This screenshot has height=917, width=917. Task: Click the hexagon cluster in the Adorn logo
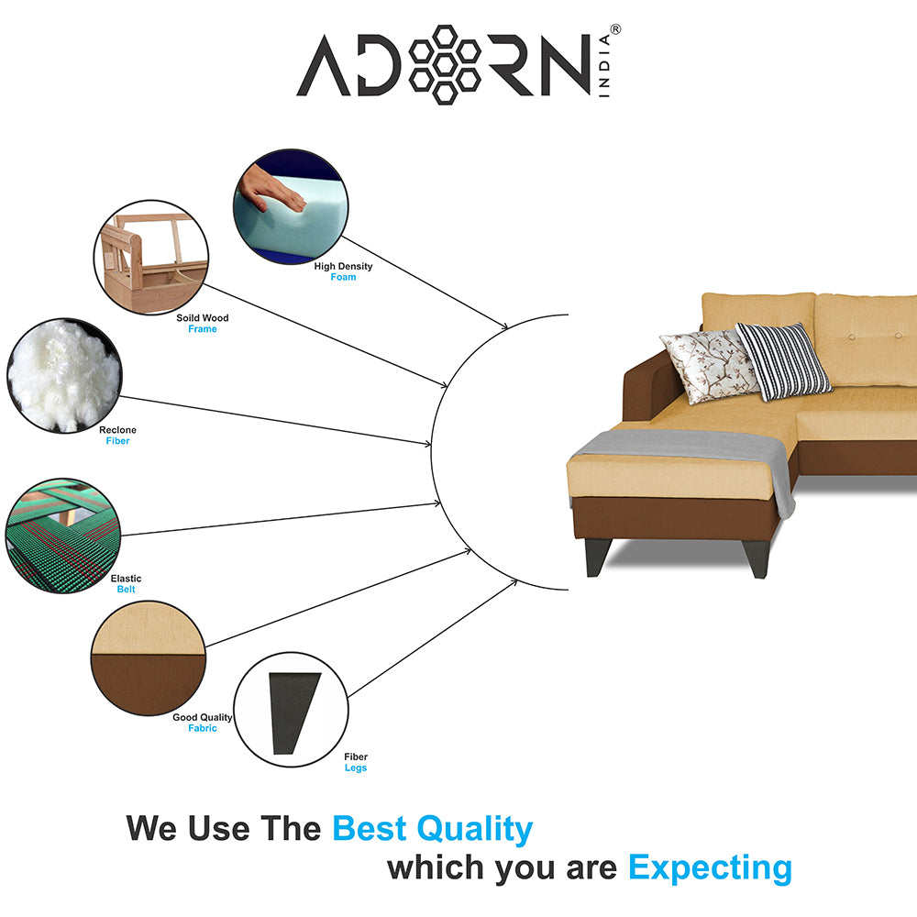pos(445,65)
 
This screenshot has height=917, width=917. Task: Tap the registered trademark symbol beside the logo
pos(615,29)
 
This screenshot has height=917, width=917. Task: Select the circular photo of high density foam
pos(291,205)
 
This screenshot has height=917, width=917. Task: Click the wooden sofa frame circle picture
pos(151,258)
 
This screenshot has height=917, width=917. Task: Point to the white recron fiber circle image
pos(64,375)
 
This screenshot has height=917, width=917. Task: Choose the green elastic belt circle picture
pos(63,536)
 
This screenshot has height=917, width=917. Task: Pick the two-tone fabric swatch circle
pos(149,657)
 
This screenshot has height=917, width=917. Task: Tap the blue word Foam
pos(343,277)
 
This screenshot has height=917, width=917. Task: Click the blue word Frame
pos(203,329)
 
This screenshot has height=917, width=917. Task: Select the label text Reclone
pos(117,430)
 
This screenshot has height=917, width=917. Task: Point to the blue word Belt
pos(126,590)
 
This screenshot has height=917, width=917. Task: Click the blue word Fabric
pos(203,728)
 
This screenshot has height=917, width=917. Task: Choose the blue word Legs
pos(356,768)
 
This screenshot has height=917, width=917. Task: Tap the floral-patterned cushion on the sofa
pos(709,366)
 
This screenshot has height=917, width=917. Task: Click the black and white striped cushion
pos(783,360)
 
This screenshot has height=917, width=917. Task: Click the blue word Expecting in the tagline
pos(710,868)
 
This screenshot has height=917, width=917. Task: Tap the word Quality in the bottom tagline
pos(474,829)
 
